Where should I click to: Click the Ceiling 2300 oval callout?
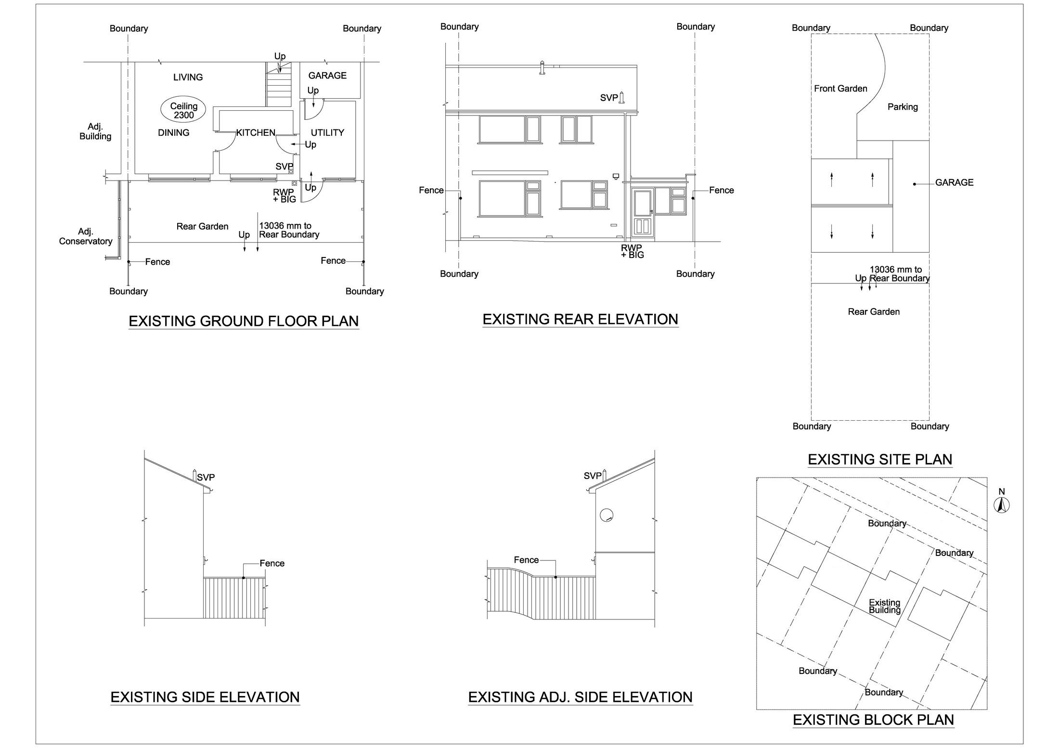point(183,110)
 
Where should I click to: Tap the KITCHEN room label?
point(256,133)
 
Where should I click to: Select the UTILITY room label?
point(327,133)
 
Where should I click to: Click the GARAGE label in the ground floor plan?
point(327,76)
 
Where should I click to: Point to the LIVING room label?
point(188,77)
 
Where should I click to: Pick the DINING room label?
point(173,133)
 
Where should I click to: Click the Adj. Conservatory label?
point(86,236)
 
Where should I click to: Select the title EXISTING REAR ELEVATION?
point(580,319)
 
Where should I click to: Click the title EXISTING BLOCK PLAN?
point(873,720)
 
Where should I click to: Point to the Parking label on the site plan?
point(903,107)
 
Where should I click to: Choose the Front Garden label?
point(840,89)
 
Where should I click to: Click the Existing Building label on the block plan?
point(884,606)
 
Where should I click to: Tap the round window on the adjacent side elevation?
point(607,515)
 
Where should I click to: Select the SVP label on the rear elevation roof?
point(609,98)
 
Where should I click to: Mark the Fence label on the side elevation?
point(272,563)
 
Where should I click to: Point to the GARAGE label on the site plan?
point(954,182)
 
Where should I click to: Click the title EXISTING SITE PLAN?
point(879,460)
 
